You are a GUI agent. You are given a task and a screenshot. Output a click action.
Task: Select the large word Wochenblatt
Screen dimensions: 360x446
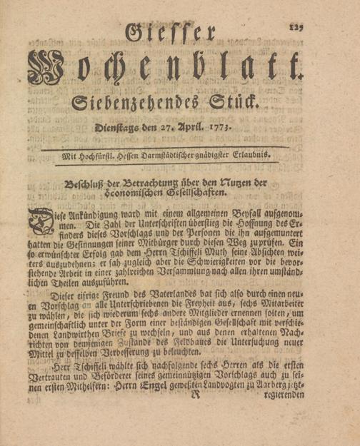point(164,71)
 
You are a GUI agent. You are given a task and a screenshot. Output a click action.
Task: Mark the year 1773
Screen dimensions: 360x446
point(241,129)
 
